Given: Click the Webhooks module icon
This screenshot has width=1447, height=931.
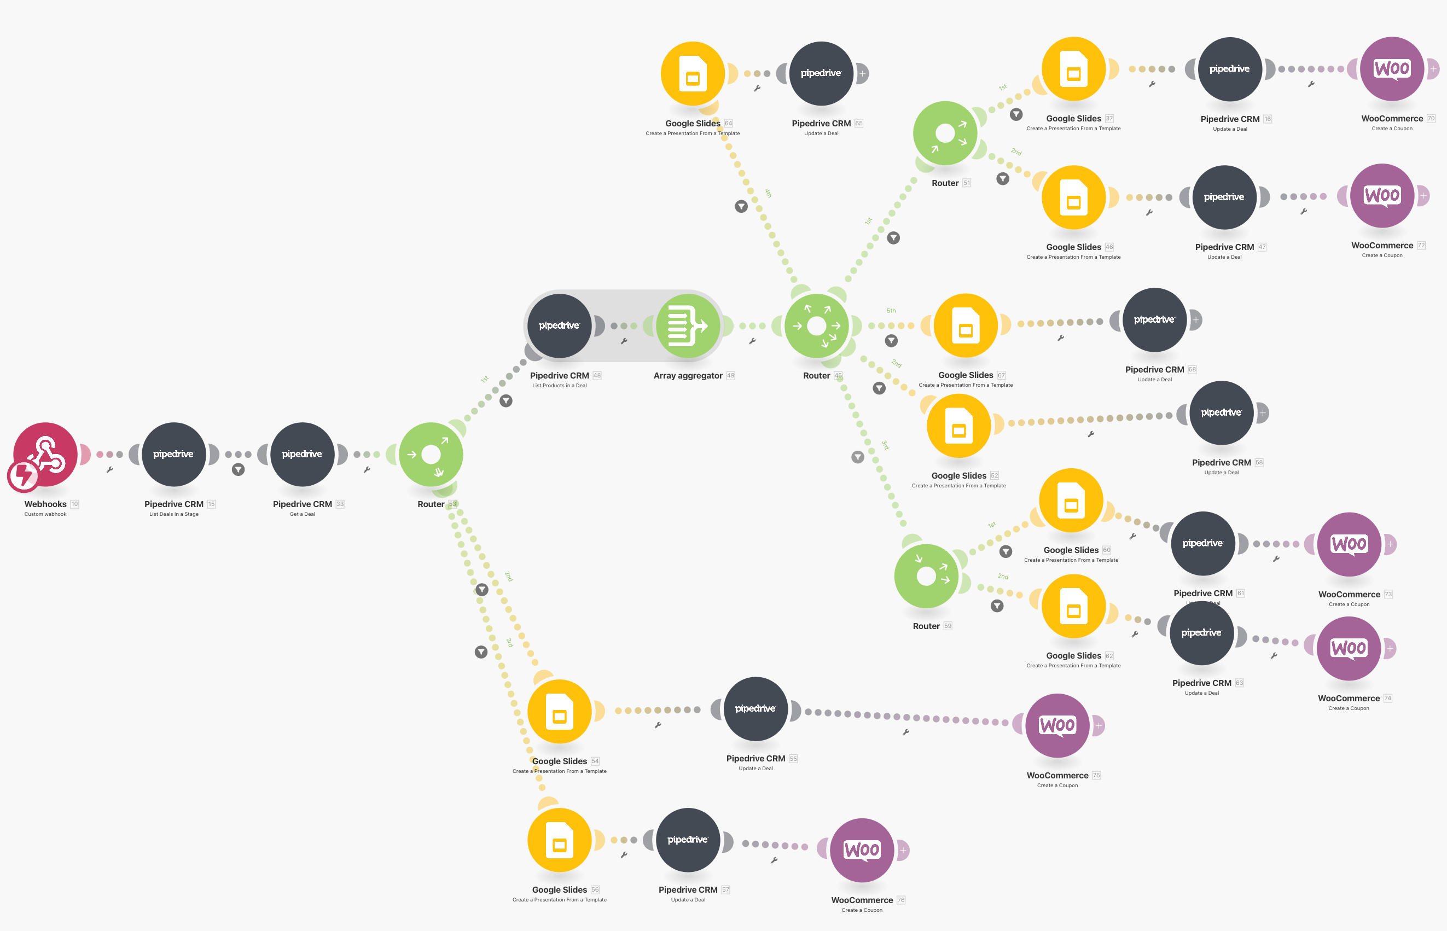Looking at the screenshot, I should pyautogui.click(x=45, y=454).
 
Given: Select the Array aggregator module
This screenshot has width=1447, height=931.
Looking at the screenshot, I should pyautogui.click(x=688, y=326).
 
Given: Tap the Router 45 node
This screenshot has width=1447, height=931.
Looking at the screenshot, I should pyautogui.click(x=817, y=326).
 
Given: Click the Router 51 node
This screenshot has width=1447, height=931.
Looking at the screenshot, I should pyautogui.click(x=945, y=133).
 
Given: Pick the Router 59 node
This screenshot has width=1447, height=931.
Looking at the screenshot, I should pyautogui.click(x=926, y=575).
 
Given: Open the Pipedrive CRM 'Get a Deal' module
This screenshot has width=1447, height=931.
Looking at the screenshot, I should pyautogui.click(x=302, y=454).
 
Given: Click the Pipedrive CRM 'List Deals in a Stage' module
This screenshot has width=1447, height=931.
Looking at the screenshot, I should pyautogui.click(x=173, y=454).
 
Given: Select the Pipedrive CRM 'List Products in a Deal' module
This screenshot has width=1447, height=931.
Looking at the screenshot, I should pyautogui.click(x=559, y=326).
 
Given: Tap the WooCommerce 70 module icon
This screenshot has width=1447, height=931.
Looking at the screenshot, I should pyautogui.click(x=1391, y=69).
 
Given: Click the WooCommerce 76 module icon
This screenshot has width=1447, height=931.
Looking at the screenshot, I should pyautogui.click(x=862, y=850).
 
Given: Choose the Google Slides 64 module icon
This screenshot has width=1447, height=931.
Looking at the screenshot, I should pyautogui.click(x=693, y=74).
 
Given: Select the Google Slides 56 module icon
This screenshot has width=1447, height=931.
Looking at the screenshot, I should pyautogui.click(x=559, y=840).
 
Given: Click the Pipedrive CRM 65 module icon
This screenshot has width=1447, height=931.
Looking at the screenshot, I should pyautogui.click(x=821, y=74).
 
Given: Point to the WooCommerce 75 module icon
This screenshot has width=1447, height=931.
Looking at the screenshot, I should pyautogui.click(x=1057, y=725).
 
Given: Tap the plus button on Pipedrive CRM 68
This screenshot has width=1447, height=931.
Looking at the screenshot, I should pyautogui.click(x=1195, y=320).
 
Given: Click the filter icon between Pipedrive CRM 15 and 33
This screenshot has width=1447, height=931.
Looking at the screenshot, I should pyautogui.click(x=238, y=470).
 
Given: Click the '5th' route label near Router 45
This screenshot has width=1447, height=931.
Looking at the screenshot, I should pyautogui.click(x=891, y=311).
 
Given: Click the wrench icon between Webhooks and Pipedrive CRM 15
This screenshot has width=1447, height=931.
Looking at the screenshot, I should pyautogui.click(x=109, y=470).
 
